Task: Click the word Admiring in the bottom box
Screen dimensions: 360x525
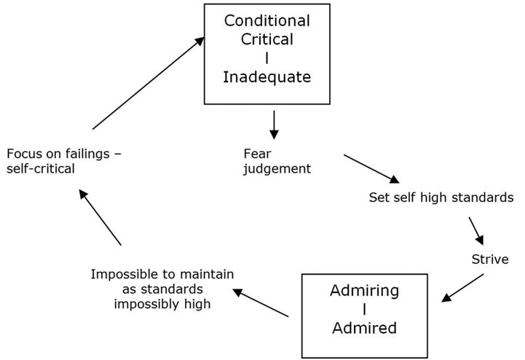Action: click(x=364, y=291)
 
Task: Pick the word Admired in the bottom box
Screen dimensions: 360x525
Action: click(x=364, y=328)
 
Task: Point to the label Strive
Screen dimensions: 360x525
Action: click(x=489, y=259)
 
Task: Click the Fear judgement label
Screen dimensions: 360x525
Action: click(x=277, y=162)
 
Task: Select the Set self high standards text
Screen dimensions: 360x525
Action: click(x=442, y=197)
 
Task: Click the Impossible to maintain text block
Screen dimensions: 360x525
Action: click(x=162, y=289)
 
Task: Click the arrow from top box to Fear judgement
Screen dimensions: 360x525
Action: click(x=274, y=124)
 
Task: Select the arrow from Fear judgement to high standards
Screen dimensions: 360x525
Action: click(x=372, y=168)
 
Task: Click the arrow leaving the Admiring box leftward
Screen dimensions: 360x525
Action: click(x=261, y=302)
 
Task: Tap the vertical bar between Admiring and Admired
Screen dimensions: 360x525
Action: click(x=364, y=310)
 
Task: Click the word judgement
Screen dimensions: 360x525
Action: click(x=277, y=169)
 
